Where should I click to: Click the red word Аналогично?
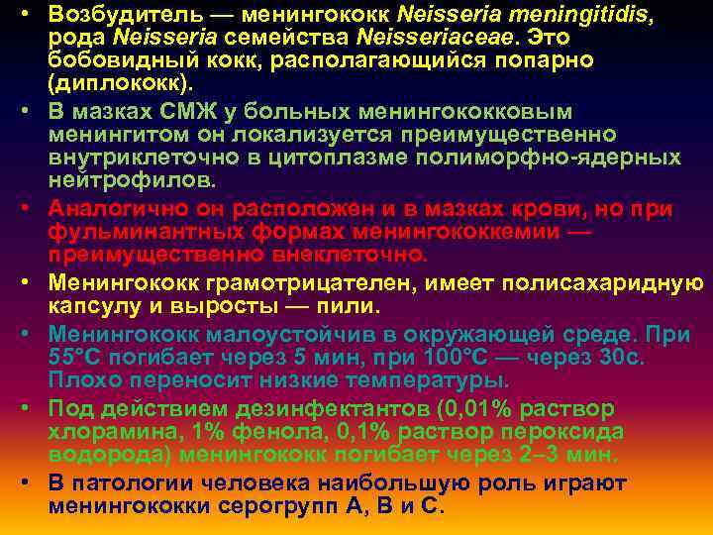(119, 209)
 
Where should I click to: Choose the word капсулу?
(93, 307)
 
